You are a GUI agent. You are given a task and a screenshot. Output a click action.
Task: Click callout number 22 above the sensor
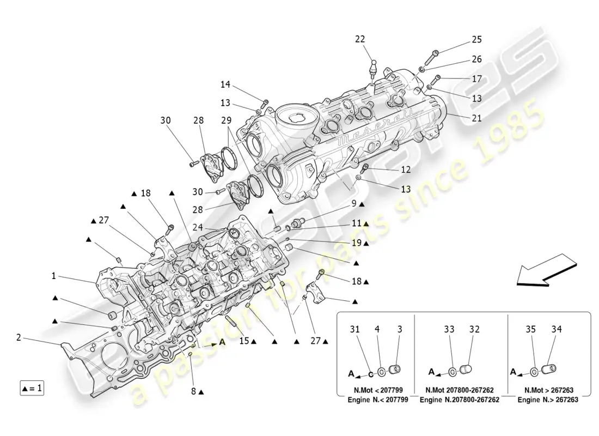click(x=376, y=39)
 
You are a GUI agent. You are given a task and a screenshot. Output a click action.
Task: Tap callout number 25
click(x=476, y=40)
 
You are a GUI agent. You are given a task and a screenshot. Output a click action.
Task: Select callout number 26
click(x=476, y=59)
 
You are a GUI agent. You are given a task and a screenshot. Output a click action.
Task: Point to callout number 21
click(x=476, y=118)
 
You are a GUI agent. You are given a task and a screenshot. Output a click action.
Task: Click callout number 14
click(x=225, y=84)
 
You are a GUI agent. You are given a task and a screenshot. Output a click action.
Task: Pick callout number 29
click(x=226, y=120)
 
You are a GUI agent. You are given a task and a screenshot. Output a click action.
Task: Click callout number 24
click(x=198, y=227)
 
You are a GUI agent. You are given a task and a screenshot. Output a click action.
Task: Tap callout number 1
click(x=54, y=276)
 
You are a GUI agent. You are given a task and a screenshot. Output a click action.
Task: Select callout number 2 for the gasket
click(x=19, y=338)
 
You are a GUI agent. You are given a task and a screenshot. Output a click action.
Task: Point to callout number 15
click(x=243, y=341)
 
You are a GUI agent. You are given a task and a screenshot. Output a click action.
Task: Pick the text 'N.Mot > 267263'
click(x=549, y=391)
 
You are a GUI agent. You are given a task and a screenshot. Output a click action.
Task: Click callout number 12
click(x=405, y=170)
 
